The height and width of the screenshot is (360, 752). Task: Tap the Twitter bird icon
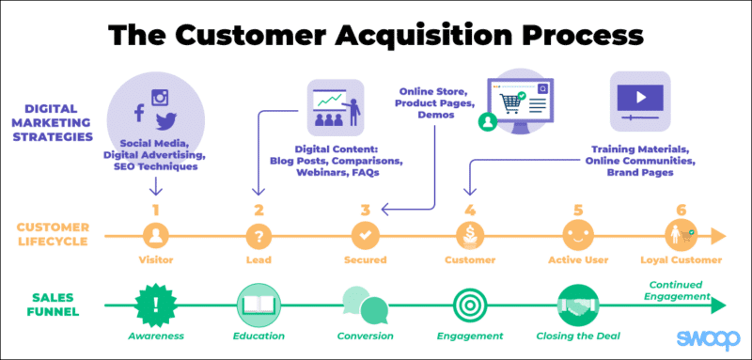click(x=166, y=119)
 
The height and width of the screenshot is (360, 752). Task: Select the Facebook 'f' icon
click(x=139, y=113)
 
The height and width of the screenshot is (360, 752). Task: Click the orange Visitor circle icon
click(x=155, y=235)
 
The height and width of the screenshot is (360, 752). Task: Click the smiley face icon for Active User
click(x=577, y=235)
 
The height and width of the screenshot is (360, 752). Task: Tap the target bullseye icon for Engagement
click(x=470, y=304)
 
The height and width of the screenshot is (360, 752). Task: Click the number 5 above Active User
click(x=578, y=210)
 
